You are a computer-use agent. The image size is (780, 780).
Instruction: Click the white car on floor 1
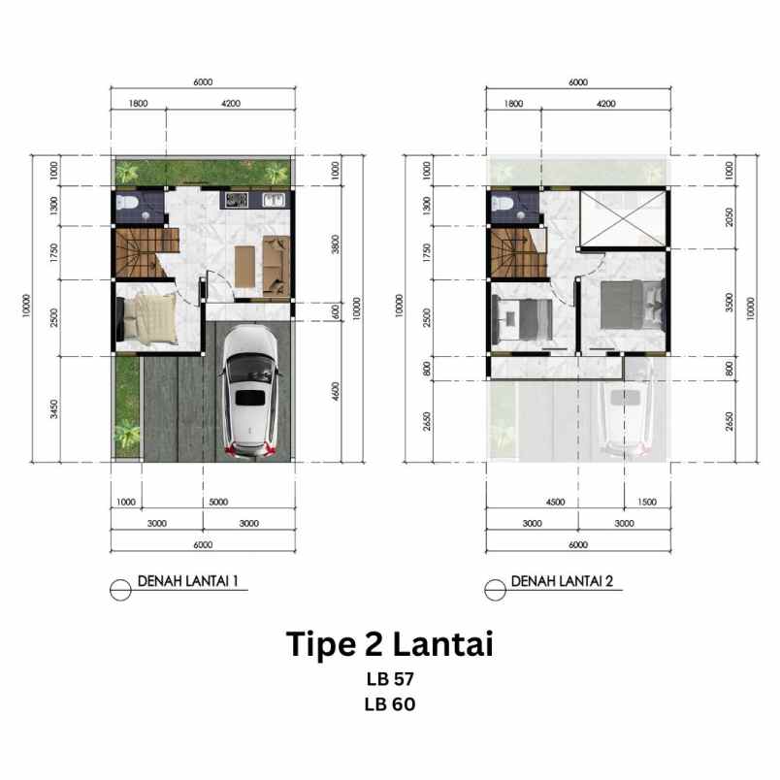click(250, 394)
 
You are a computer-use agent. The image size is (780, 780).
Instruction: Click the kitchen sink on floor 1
click(273, 201)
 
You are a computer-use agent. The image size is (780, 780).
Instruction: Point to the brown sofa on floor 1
click(277, 266)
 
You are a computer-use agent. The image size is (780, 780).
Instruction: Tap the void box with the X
click(622, 219)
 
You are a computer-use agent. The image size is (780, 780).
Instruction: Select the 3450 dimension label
click(54, 408)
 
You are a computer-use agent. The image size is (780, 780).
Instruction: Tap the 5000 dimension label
click(217, 503)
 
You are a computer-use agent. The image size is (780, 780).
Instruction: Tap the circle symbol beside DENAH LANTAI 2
click(497, 584)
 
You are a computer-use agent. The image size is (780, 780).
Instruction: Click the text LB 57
click(390, 679)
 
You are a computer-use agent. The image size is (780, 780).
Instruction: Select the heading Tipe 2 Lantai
click(390, 644)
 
